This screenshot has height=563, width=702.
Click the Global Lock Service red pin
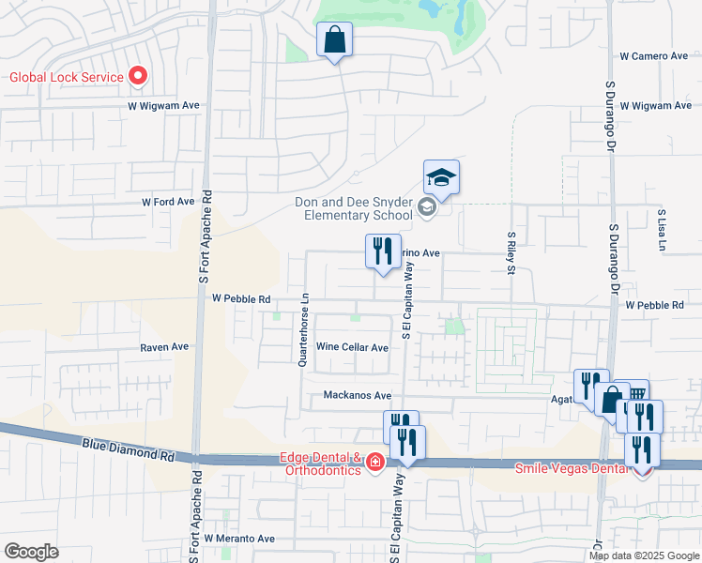[138, 76]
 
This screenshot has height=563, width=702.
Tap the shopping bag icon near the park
[334, 40]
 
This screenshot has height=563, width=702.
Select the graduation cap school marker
[441, 176]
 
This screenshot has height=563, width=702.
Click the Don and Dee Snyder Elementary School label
[353, 208]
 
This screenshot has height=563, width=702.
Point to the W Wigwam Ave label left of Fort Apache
[165, 107]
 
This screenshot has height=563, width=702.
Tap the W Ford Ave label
[167, 202]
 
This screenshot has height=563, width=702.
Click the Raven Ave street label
[164, 346]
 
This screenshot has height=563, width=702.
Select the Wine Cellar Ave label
[352, 347]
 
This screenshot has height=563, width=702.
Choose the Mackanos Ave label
[358, 396]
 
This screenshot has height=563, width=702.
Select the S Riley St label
[511, 253]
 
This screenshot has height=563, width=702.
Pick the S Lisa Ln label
[662, 231]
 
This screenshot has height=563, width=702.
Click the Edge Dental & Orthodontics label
[321, 464]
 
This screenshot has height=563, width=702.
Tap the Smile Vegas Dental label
[573, 467]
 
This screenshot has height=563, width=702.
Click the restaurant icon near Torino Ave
[382, 251]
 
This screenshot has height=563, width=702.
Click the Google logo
[31, 552]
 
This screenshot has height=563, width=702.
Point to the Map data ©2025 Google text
[643, 555]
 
